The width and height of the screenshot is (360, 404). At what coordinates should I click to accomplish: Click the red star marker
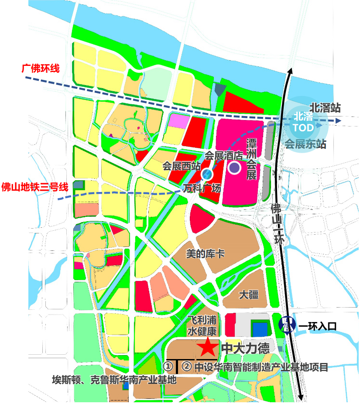tap(207, 347)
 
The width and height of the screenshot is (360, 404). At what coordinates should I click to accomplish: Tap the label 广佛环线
tap(41, 68)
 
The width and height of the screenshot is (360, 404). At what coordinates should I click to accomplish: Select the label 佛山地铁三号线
tap(35, 187)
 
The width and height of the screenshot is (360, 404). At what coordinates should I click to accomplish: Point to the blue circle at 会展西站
tap(207, 175)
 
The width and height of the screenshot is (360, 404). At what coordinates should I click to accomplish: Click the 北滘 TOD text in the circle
tap(303, 122)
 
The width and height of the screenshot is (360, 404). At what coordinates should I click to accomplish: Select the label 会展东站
tap(305, 144)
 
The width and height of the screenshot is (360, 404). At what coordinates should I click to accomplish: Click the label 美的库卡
tap(205, 253)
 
